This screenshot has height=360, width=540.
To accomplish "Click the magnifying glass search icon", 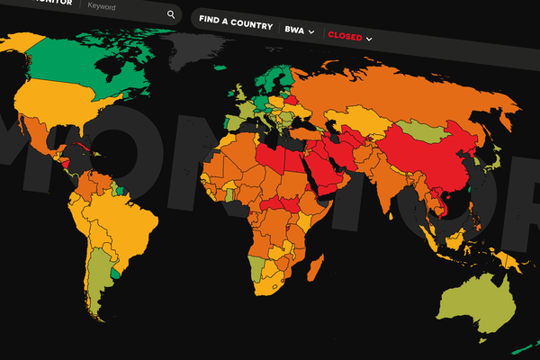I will click(x=171, y=15).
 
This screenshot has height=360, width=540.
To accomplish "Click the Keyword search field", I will click(x=117, y=6).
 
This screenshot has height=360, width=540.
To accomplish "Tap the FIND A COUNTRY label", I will click(x=235, y=25).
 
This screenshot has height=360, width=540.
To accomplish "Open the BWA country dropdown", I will click(x=300, y=31).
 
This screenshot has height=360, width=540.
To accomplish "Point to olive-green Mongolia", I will click(x=423, y=128).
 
